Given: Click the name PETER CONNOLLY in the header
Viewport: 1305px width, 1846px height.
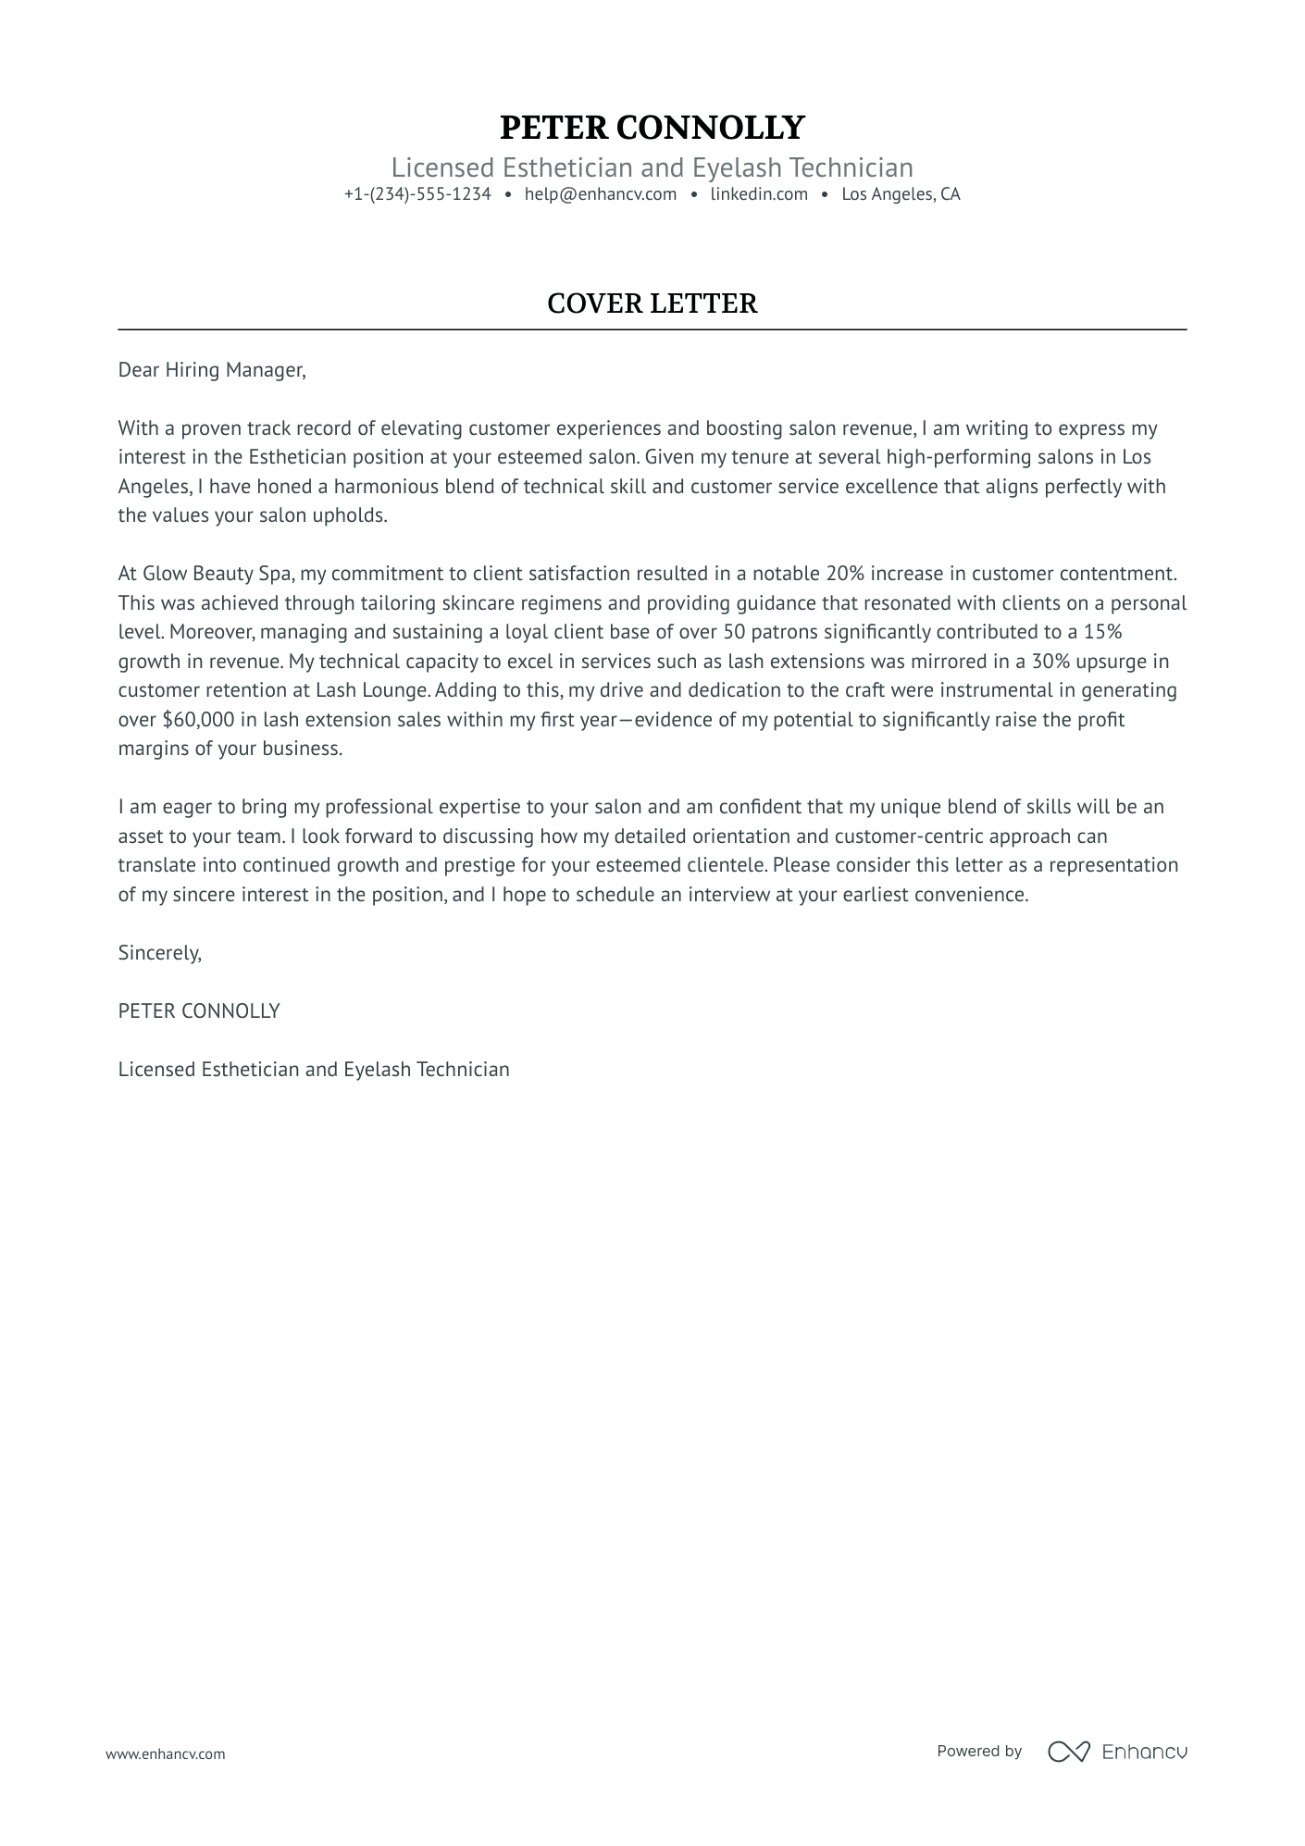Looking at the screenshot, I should [652, 128].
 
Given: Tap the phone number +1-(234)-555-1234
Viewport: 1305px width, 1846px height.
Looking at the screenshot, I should [417, 194].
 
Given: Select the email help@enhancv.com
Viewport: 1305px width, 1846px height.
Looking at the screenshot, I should [600, 194].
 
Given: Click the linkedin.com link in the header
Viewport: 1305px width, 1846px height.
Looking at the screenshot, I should [759, 194].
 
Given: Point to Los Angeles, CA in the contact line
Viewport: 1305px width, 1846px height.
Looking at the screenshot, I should [901, 194].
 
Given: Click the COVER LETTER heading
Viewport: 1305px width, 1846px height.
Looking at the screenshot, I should [652, 304].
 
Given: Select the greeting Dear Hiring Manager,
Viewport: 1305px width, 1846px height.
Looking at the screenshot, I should [211, 370].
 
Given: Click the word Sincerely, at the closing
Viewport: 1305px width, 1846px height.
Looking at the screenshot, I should [159, 953].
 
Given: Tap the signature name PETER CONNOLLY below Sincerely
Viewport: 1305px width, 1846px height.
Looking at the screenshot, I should [199, 1011].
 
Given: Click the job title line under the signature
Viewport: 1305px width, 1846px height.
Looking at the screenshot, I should [314, 1070].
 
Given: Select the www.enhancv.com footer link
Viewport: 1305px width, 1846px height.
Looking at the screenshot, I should [165, 1753].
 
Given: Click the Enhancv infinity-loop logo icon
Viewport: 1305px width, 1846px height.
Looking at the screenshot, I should [1068, 1752].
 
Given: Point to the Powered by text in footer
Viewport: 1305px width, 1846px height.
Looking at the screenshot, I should [978, 1751].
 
